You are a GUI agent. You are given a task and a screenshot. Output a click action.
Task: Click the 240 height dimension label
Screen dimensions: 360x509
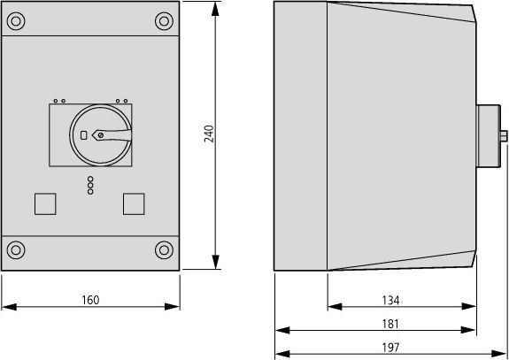tap(209, 134)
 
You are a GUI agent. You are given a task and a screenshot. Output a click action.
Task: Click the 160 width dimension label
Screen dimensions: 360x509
tap(90, 300)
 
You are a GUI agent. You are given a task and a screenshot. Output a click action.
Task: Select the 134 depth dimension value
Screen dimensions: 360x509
tap(401, 300)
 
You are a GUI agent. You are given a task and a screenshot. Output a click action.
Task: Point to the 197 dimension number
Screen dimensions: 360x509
tap(391, 347)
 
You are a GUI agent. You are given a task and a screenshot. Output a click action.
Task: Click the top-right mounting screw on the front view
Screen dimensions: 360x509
tap(162, 20)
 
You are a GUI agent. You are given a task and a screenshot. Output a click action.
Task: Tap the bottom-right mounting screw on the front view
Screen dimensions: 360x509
tap(162, 249)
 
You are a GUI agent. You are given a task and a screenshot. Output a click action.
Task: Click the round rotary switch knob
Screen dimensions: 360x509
tap(100, 135)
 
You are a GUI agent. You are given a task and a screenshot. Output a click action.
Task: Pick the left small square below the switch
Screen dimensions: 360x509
tap(43, 203)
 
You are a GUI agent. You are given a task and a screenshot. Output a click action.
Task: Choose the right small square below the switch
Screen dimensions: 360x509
tap(135, 203)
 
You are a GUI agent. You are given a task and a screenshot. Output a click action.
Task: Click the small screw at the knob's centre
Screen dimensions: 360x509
tap(100, 135)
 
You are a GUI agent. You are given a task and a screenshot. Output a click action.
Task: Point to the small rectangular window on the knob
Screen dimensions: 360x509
tap(83, 135)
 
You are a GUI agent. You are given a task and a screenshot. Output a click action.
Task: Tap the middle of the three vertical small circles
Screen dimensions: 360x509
tap(90, 185)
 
